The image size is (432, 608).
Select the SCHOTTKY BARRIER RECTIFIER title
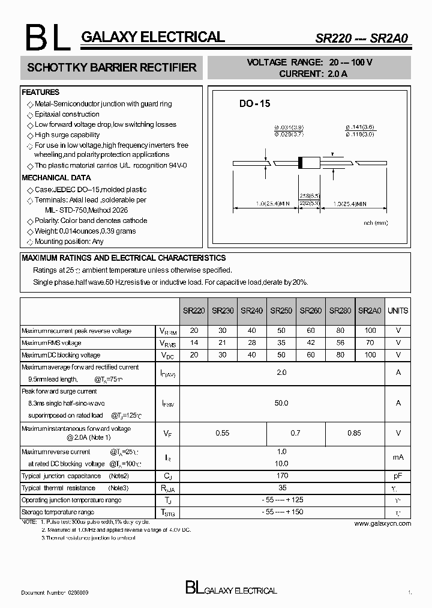tap(112, 68)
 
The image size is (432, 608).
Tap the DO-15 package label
tap(255, 104)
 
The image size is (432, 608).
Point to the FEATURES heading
tap(41, 93)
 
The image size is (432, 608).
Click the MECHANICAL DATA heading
tap(56, 178)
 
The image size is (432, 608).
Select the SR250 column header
tap(281, 311)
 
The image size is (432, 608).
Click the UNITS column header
tap(398, 311)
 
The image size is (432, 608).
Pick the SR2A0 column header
tap(370, 311)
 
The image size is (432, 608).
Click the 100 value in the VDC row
tap(370, 355)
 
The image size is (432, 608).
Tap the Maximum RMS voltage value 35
tap(281, 343)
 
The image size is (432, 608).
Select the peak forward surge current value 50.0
tap(281, 403)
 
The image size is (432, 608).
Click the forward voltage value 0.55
tap(223, 433)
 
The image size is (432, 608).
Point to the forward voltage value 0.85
tap(355, 433)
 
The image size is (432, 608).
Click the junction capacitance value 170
tap(281, 476)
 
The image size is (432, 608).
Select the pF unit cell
tap(398, 476)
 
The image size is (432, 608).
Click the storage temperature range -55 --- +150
tap(281, 512)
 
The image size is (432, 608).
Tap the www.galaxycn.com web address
tap(382, 524)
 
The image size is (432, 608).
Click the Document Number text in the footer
tap(55, 592)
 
